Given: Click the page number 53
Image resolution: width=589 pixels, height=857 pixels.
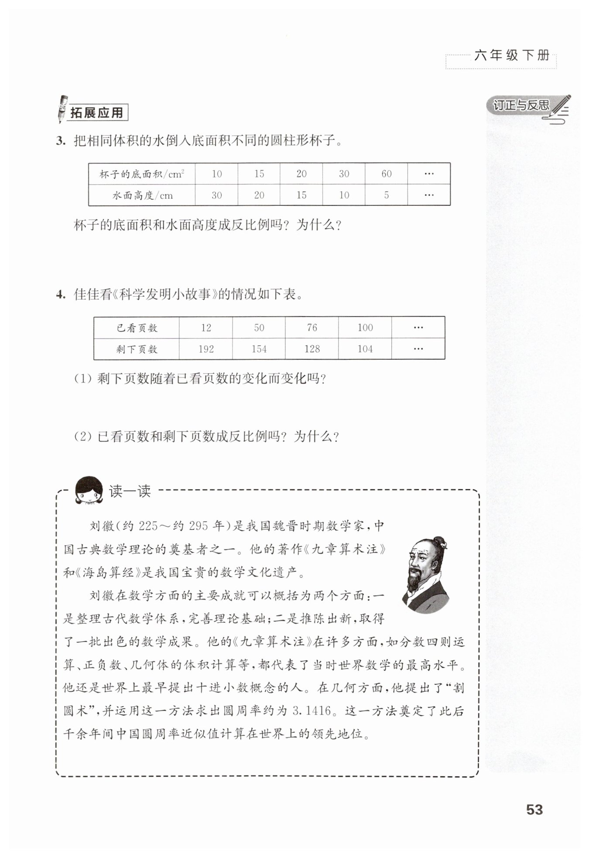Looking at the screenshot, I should (x=534, y=809).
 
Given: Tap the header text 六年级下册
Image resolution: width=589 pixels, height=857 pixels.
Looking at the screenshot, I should (x=511, y=55).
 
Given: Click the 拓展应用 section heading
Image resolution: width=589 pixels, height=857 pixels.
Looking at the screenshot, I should (x=97, y=113).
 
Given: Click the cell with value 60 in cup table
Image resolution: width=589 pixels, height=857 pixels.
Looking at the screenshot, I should (x=386, y=174).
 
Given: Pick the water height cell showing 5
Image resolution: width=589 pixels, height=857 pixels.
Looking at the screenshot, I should (x=386, y=195).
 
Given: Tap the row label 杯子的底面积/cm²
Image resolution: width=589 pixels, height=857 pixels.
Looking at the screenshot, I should (x=141, y=174).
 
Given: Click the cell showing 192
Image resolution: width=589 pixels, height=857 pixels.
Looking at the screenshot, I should (x=205, y=349).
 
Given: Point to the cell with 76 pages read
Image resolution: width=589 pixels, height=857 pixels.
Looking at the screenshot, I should (x=312, y=328).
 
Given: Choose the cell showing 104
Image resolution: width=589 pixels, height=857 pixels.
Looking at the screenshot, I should (x=365, y=349).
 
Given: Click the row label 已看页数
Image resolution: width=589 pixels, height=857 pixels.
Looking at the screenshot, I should (x=137, y=328).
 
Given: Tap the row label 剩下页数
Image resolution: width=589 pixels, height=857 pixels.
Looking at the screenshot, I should (x=137, y=349).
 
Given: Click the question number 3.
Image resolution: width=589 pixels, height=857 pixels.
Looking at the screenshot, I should (x=60, y=141).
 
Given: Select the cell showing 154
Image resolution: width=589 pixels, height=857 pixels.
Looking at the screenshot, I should (x=259, y=349).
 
